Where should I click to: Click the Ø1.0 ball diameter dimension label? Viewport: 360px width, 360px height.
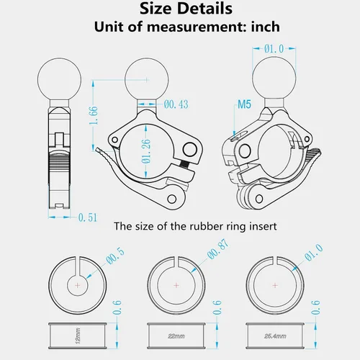(274, 49)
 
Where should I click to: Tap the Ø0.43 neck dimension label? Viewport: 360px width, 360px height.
(176, 104)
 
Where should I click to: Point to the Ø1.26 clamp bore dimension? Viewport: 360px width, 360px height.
(146, 151)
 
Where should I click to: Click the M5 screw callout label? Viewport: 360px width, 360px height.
(244, 104)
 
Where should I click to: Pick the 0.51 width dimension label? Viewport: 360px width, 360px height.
(88, 217)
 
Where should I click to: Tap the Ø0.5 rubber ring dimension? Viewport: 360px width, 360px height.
(115, 256)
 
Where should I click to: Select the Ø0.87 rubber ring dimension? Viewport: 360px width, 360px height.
(218, 249)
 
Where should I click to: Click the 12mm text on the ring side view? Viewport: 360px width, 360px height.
(78, 336)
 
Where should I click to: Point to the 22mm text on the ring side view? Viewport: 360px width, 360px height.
(176, 336)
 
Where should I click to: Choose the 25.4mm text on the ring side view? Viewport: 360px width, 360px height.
(275, 336)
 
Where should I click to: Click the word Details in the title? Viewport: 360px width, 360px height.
(204, 9)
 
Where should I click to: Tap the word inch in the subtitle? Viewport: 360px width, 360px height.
(266, 27)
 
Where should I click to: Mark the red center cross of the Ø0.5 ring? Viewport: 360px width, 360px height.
(78, 285)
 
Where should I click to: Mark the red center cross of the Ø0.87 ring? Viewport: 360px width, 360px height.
(176, 285)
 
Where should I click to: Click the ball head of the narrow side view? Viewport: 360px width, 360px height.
(59, 80)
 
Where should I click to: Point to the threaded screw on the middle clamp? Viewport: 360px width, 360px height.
(184, 165)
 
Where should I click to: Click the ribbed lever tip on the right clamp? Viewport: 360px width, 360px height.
(313, 157)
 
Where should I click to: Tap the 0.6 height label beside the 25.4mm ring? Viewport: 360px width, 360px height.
(315, 307)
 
